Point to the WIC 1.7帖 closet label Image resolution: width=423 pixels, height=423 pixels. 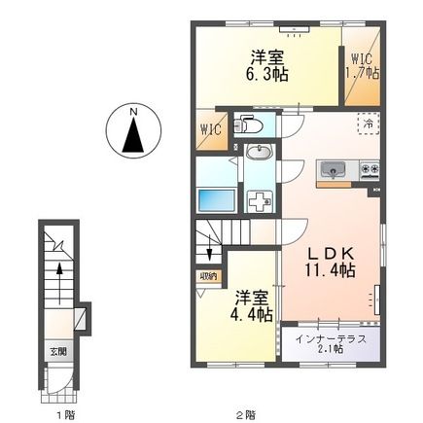[x=361, y=66]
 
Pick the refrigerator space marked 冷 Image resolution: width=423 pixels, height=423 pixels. [x=369, y=123]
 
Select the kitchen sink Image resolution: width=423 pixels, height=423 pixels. [x=334, y=171]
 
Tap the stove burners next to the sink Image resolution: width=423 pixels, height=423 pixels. [x=370, y=170]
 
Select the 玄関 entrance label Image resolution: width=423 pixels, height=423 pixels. [x=59, y=351]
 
